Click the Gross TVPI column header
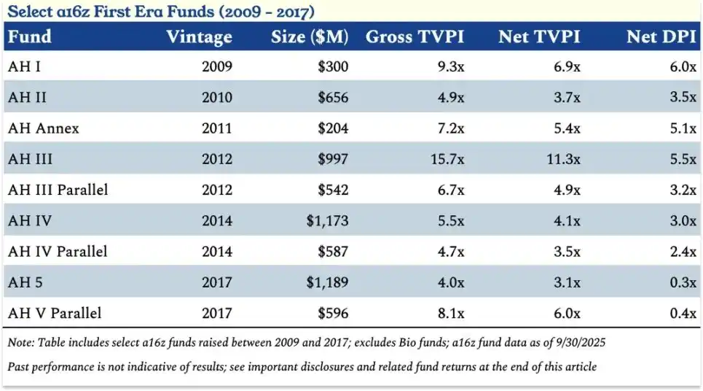point(415,36)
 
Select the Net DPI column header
point(661,36)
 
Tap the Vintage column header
point(199,36)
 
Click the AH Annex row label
point(44,128)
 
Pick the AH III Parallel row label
point(58,190)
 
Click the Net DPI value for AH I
point(683,67)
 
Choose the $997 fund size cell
point(333,159)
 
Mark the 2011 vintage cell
point(216,128)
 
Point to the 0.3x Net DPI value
point(683,282)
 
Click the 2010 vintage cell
point(216,98)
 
